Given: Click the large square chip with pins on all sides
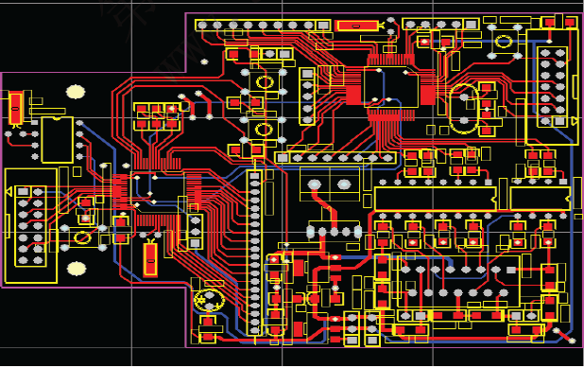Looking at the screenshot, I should pos(391,87).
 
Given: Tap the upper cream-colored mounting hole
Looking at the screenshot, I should pos(75,92).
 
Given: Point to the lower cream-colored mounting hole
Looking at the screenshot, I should pos(76,269).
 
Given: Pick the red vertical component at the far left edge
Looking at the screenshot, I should pos(16,107).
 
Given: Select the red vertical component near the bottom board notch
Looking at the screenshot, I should pos(150,258).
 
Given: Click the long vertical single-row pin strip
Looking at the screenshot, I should pos(254,251).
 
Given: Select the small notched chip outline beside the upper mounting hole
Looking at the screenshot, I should pos(56,139).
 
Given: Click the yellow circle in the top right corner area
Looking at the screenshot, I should pos(504,41).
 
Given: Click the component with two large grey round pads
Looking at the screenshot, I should pos(330,184).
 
